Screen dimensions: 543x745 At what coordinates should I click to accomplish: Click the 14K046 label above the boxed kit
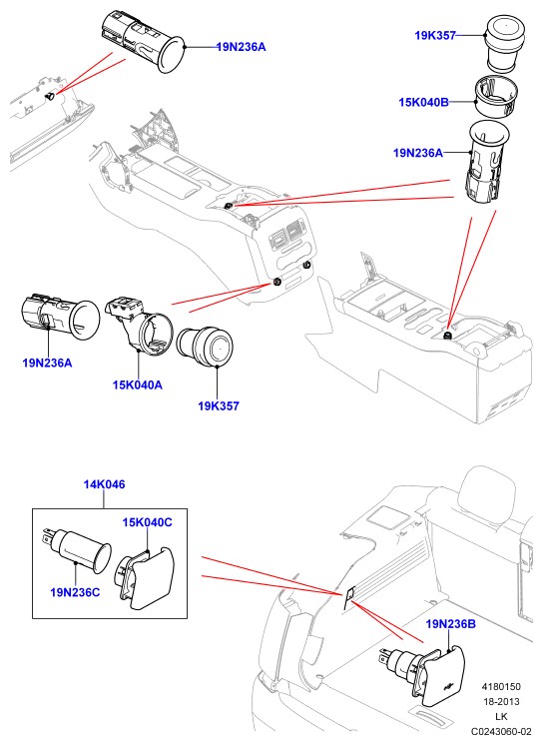click(105, 484)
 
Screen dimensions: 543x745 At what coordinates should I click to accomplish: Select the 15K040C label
click(148, 522)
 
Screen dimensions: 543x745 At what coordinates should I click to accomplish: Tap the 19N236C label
click(75, 592)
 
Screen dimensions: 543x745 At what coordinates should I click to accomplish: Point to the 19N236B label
click(450, 624)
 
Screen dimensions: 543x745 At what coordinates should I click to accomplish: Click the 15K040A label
click(138, 384)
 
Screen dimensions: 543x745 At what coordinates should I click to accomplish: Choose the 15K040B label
click(424, 102)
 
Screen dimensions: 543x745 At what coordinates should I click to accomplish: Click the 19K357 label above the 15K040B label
click(435, 35)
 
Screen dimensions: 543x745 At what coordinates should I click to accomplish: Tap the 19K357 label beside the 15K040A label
click(219, 406)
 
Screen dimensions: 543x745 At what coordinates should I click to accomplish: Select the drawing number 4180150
click(501, 686)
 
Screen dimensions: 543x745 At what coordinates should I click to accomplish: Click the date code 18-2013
click(501, 701)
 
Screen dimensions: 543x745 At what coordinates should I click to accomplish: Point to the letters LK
click(501, 716)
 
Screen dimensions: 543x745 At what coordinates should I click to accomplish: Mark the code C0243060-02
click(501, 731)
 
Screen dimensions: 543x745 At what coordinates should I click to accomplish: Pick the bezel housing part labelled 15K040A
click(138, 326)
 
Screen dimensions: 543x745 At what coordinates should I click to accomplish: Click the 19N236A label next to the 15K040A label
click(48, 363)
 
